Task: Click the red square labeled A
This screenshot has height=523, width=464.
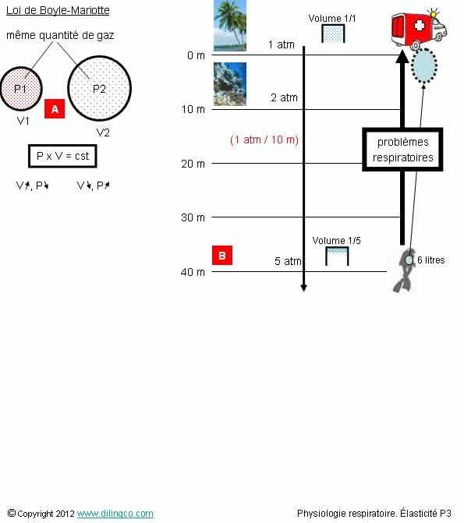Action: (x=55, y=109)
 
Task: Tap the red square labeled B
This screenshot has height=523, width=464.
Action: (x=222, y=256)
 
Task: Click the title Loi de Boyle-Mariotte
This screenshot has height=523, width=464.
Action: (x=58, y=10)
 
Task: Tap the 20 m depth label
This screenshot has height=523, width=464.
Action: (x=193, y=164)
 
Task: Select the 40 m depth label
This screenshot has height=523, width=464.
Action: (x=193, y=272)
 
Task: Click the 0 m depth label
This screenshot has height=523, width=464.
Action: (x=196, y=55)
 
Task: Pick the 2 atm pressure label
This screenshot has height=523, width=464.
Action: (x=284, y=97)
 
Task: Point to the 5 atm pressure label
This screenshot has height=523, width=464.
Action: (x=288, y=261)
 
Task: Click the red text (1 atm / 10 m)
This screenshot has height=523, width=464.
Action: (x=264, y=140)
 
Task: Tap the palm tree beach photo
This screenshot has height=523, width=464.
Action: (x=230, y=26)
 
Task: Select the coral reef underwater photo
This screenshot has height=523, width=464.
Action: (x=230, y=84)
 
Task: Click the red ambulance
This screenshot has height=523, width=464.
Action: (x=420, y=29)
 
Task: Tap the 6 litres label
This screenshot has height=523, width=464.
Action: (x=431, y=260)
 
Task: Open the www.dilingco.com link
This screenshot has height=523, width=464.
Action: (x=115, y=514)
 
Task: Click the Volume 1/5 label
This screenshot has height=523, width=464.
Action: (x=336, y=241)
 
